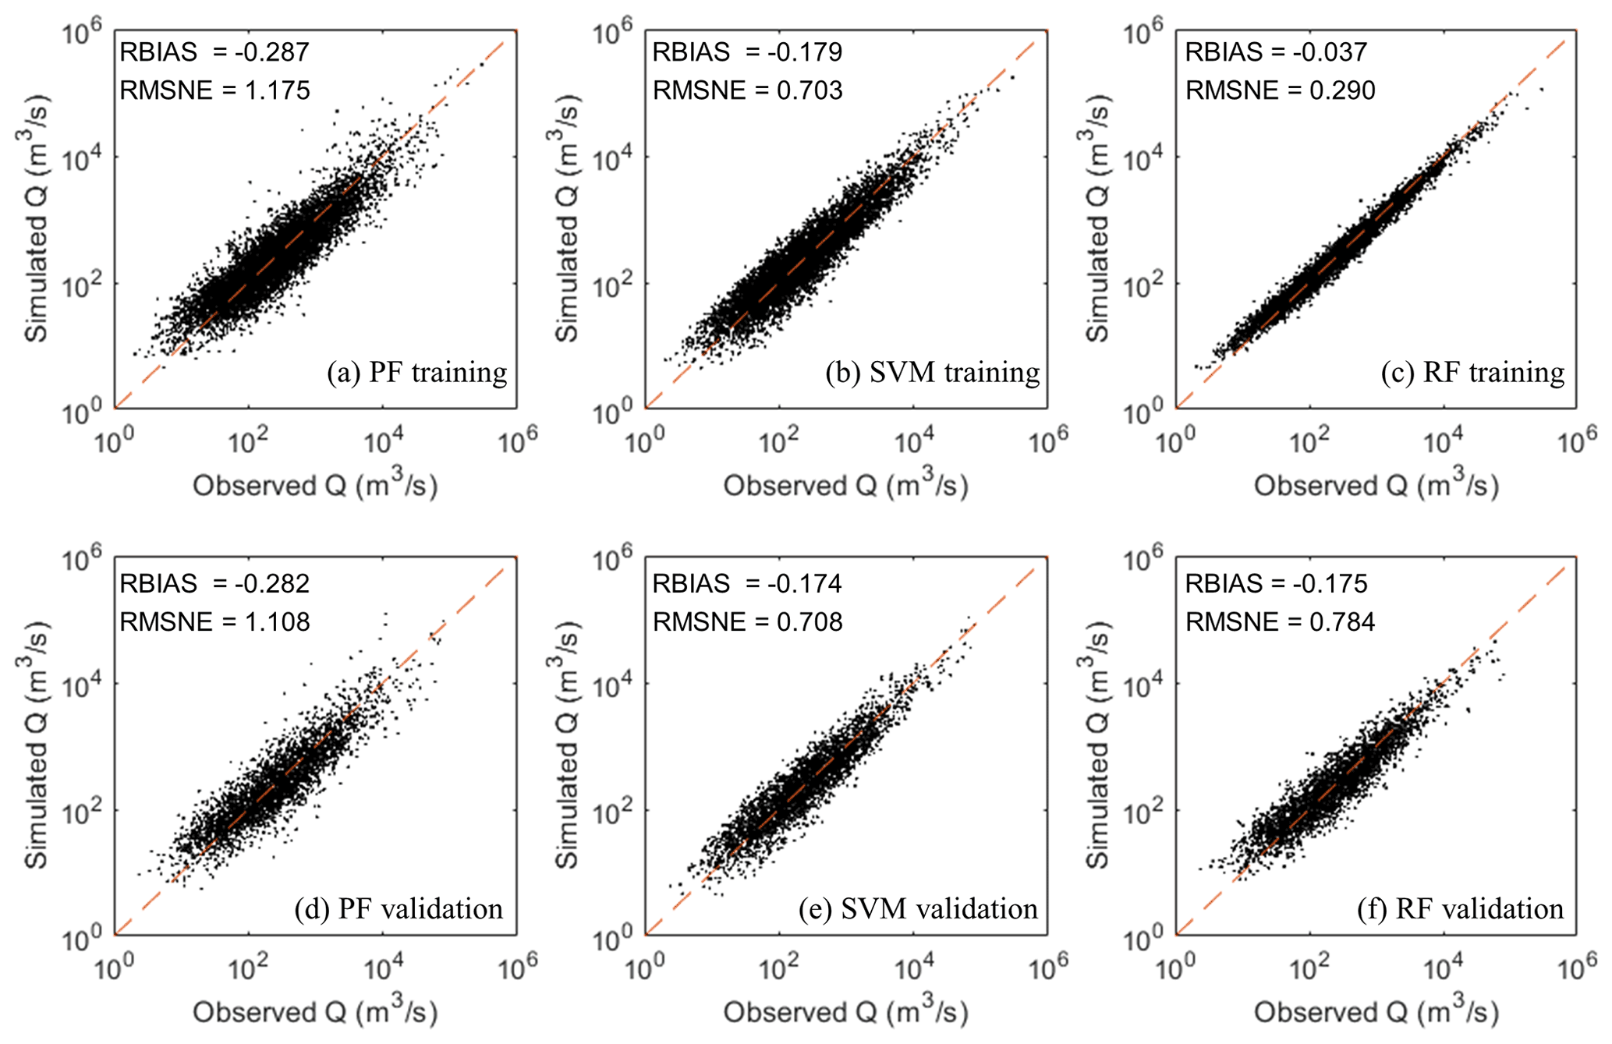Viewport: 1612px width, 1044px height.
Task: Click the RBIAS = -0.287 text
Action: click(x=214, y=52)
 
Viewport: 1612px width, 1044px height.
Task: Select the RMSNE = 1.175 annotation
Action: click(x=214, y=90)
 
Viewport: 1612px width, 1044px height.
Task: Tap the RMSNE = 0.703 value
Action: click(x=747, y=90)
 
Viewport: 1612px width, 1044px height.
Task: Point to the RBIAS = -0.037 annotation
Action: click(x=1276, y=52)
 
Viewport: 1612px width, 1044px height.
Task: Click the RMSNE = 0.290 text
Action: click(x=1280, y=90)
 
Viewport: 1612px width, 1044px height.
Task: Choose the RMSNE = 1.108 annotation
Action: click(x=214, y=622)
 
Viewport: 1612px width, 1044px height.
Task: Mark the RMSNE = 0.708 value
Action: click(x=747, y=622)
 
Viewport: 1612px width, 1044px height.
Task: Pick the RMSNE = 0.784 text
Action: click(x=1280, y=622)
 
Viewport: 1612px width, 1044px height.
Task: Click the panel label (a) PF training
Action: click(x=417, y=373)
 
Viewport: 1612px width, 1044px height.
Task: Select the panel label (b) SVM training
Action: click(x=933, y=373)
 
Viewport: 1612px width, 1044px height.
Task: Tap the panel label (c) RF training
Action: click(x=1472, y=373)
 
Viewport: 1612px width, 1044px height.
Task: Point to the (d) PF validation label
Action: click(x=399, y=909)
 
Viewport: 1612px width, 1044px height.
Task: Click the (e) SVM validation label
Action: click(x=918, y=909)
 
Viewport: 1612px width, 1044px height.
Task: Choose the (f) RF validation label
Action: click(x=1460, y=909)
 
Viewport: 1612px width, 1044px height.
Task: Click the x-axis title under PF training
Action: click(x=315, y=485)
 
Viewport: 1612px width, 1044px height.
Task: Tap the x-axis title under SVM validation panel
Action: click(x=845, y=1011)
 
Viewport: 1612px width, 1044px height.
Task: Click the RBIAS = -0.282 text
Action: click(x=214, y=583)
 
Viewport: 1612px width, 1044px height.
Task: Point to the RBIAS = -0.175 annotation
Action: click(x=1276, y=583)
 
